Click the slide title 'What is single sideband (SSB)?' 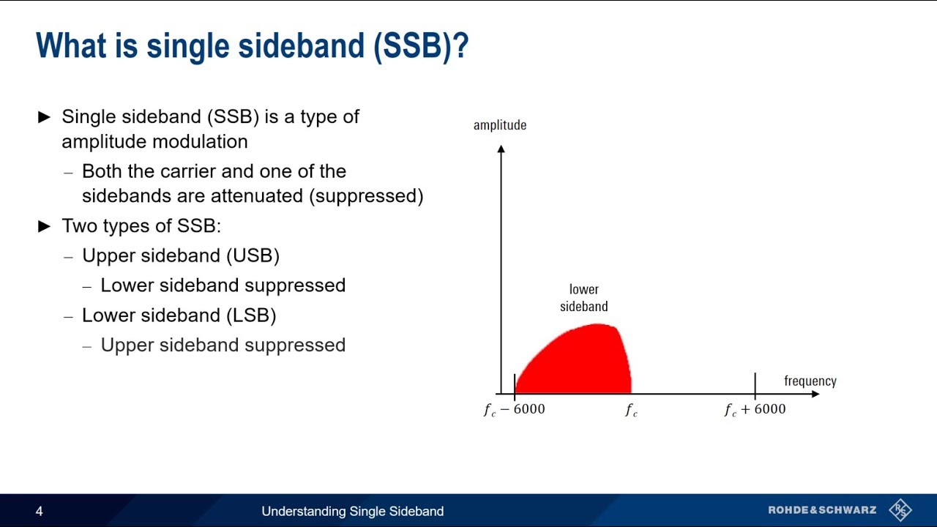252,45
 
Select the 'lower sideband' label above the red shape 583,298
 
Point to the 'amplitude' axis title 500,125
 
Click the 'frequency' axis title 810,381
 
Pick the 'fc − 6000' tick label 514,410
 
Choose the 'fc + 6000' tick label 755,410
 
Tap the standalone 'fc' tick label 631,410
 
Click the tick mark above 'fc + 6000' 755,384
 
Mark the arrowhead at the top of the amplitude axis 501,149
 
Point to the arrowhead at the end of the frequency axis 815,394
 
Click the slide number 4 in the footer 40,512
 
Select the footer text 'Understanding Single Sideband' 352,512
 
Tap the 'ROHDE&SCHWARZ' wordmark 822,510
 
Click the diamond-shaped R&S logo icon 900,510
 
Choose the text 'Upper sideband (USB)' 180,255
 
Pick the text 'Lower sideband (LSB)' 179,315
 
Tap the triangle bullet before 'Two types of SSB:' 45,226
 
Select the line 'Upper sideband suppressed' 223,345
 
